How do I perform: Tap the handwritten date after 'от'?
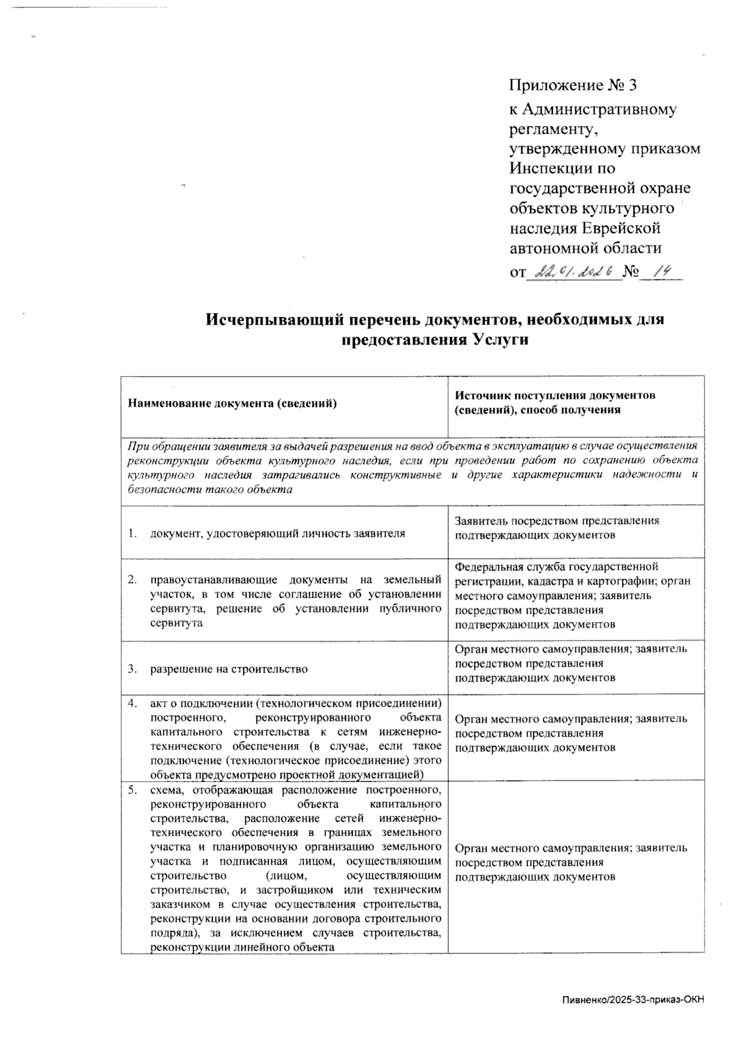(573, 271)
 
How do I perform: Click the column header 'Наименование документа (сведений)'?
(232, 403)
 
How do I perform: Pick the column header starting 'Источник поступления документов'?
(555, 395)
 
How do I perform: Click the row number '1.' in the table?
(133, 533)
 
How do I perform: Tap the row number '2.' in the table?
(133, 580)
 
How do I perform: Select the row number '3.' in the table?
(133, 669)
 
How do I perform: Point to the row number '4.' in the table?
(133, 703)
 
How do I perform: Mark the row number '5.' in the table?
(133, 790)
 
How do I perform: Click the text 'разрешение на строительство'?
(228, 669)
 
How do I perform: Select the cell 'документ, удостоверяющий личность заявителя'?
(277, 533)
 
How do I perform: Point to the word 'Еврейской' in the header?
(621, 228)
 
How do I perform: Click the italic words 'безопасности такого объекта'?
(209, 489)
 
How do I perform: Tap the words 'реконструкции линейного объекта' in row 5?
(242, 947)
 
